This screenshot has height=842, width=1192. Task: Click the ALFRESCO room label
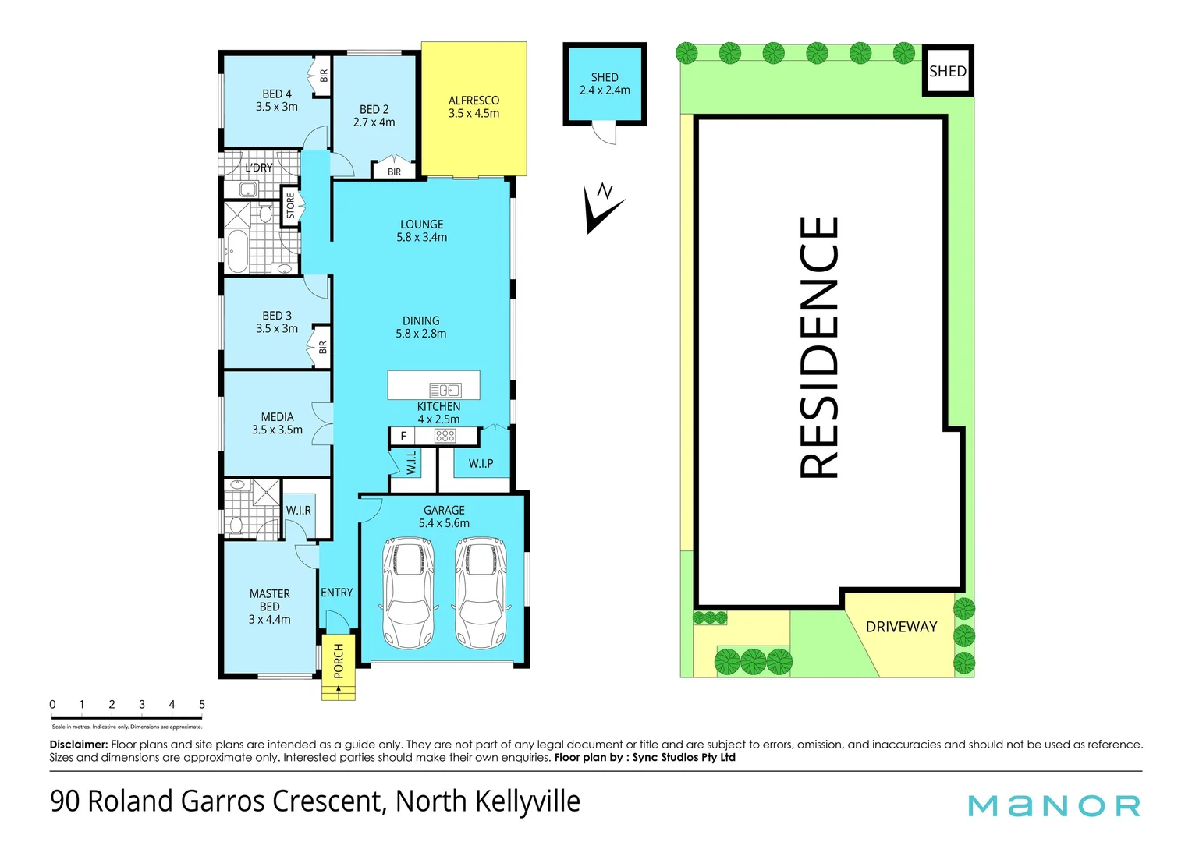pyautogui.click(x=474, y=107)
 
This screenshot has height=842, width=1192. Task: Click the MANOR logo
pyautogui.click(x=1054, y=805)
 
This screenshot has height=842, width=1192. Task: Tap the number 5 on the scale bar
pyautogui.click(x=202, y=705)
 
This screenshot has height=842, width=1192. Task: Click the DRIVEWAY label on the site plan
pyautogui.click(x=901, y=627)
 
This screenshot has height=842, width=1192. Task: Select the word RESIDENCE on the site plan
pyautogui.click(x=819, y=347)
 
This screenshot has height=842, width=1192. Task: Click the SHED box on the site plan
pyautogui.click(x=948, y=71)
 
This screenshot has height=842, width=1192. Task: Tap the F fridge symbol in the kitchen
pyautogui.click(x=403, y=436)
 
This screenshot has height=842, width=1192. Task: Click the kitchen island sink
pyautogui.click(x=445, y=390)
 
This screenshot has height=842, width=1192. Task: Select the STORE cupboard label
pyautogui.click(x=291, y=206)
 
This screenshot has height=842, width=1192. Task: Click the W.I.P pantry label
pyautogui.click(x=481, y=463)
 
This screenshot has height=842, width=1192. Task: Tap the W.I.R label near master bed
pyautogui.click(x=298, y=510)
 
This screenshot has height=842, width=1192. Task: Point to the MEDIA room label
pyautogui.click(x=277, y=423)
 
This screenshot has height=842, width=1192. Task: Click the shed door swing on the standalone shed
pyautogui.click(x=603, y=134)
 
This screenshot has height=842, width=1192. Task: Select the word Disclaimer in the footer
pyautogui.click(x=78, y=745)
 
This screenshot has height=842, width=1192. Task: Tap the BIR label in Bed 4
pyautogui.click(x=324, y=76)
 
